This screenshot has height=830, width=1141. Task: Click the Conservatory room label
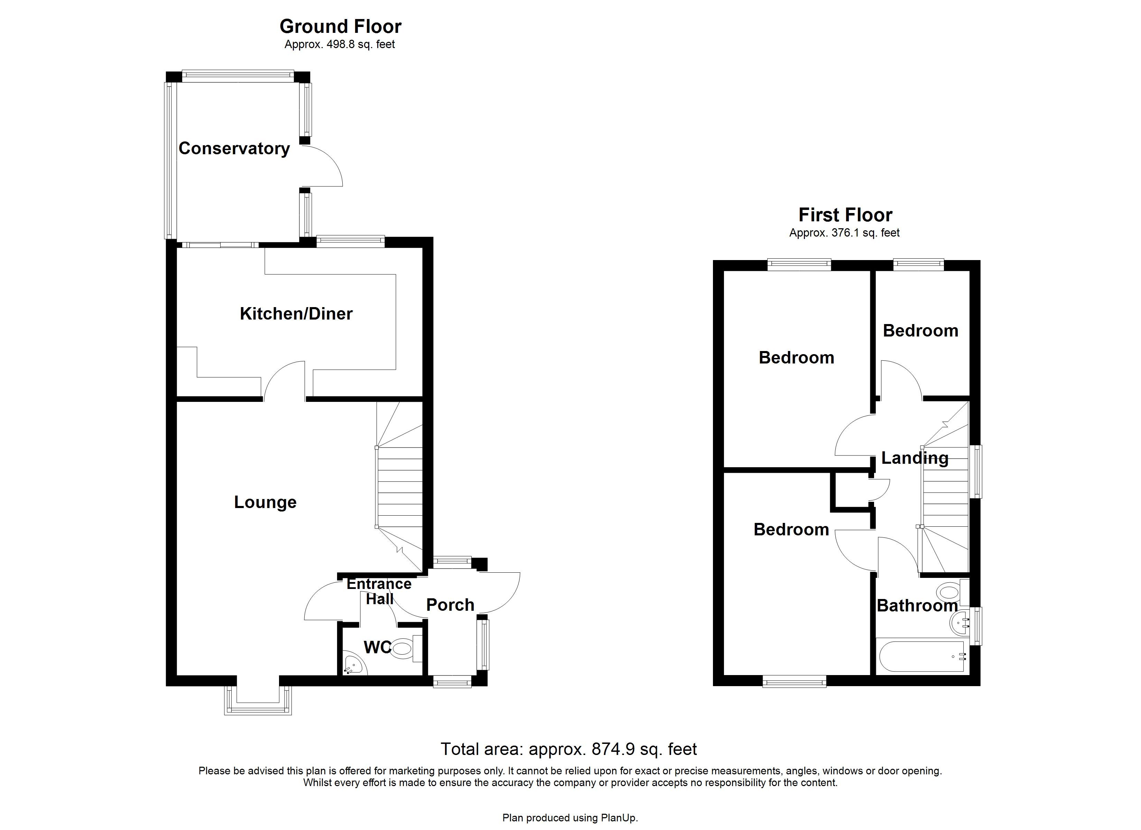(x=234, y=148)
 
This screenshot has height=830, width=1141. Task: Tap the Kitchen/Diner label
(x=296, y=314)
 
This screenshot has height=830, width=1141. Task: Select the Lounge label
(x=265, y=502)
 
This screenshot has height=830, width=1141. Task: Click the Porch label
(x=450, y=605)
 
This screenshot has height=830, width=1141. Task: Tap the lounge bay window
(x=258, y=701)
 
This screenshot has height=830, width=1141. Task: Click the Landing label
(x=915, y=458)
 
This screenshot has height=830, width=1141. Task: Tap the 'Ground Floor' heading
(x=340, y=26)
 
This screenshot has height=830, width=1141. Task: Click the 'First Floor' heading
(x=845, y=215)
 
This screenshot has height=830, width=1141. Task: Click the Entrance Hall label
(x=379, y=591)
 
